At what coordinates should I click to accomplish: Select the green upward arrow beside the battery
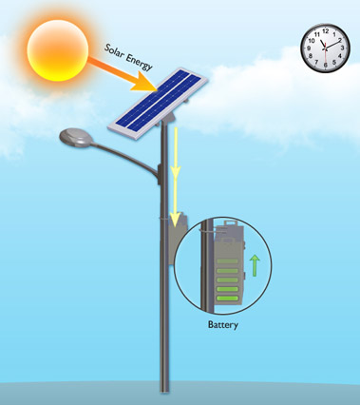point(254,263)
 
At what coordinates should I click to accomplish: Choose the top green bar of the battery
point(228,260)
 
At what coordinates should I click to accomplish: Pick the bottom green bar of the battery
point(228,299)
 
